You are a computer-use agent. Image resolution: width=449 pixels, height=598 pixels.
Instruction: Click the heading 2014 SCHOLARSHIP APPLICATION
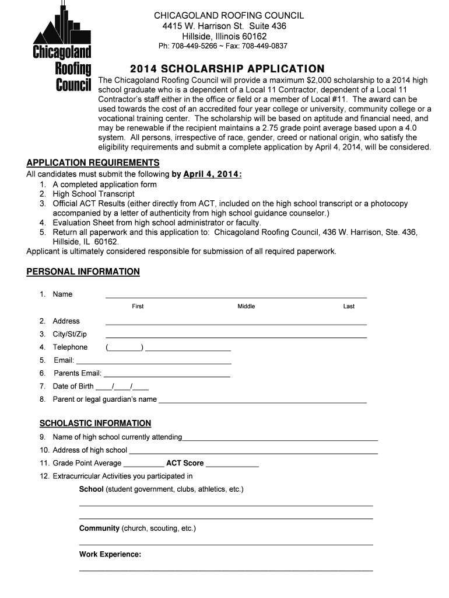point(227,68)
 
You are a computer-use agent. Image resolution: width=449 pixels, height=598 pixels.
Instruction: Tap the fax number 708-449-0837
point(265,46)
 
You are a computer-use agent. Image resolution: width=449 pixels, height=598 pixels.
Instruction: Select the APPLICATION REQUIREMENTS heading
point(93,162)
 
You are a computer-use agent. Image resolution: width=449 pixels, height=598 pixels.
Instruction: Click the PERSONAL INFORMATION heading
point(83,272)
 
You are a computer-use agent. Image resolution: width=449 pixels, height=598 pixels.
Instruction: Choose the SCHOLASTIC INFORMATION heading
point(95,423)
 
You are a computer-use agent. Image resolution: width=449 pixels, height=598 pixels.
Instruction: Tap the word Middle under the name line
point(246,307)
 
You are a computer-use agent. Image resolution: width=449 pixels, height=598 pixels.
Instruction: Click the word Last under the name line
point(349,307)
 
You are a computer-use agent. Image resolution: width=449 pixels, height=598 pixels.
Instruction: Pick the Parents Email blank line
point(167,376)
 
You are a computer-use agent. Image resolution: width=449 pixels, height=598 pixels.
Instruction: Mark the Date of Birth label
point(73,386)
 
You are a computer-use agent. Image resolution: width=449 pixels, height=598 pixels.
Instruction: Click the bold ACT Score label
point(185,463)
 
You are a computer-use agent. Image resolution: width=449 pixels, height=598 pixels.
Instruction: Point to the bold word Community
point(99,529)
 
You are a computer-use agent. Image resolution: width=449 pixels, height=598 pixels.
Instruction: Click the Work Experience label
point(110,554)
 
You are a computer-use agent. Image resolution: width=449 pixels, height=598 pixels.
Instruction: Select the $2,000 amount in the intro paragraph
point(314,80)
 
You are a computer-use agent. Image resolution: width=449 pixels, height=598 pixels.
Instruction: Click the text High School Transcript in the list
point(93,194)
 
